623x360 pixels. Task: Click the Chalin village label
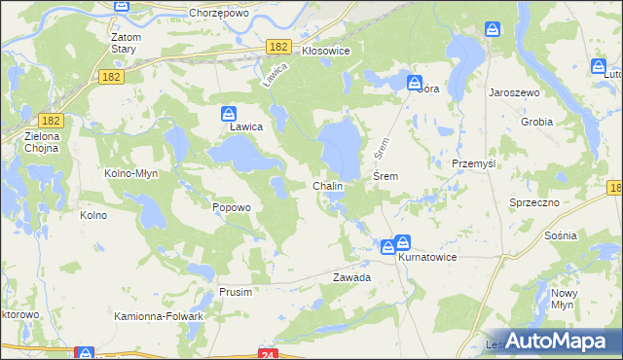pos(327,185)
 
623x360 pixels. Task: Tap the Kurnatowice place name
pos(426,257)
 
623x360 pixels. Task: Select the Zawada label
pos(352,277)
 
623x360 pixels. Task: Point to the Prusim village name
pos(236,292)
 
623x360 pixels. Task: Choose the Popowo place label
pos(232,207)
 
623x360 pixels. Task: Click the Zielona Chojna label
pos(42,142)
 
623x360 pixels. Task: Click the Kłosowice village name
pos(325,49)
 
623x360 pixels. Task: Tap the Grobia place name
pos(536,123)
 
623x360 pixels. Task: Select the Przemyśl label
pos(474,163)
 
